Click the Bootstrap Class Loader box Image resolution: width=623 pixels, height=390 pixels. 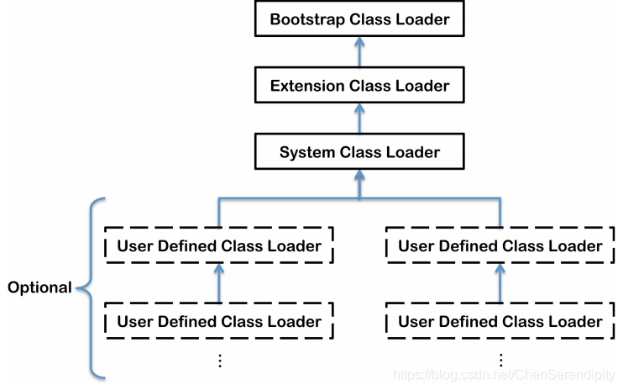[x=359, y=18]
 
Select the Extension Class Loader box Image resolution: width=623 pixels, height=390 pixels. [x=359, y=85]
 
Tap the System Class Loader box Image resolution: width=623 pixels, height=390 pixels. [x=359, y=151]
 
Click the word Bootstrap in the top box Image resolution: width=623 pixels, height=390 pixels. [x=307, y=19]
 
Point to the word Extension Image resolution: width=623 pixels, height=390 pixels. [x=307, y=86]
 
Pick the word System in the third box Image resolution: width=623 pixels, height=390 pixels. [x=307, y=153]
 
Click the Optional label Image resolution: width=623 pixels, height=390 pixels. [x=39, y=287]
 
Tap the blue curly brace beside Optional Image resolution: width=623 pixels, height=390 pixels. [x=91, y=287]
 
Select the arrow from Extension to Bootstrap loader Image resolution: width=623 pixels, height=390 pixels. [x=359, y=52]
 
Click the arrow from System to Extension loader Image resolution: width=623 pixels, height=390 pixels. [x=359, y=119]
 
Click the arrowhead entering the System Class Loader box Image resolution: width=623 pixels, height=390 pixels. [x=359, y=176]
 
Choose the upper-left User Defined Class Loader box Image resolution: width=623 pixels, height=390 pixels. [x=219, y=245]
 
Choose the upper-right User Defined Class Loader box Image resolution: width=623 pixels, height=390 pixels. [x=500, y=245]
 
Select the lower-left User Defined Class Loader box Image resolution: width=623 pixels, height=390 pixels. [x=219, y=321]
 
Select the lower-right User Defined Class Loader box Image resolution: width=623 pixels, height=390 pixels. [x=500, y=321]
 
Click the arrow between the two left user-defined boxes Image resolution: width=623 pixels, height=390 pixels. [x=219, y=283]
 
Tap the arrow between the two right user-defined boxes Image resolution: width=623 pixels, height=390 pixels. [x=500, y=283]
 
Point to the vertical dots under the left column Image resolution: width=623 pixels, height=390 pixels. [x=220, y=361]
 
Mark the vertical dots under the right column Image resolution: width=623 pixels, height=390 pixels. [x=501, y=360]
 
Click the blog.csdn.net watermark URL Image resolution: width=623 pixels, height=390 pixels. [x=504, y=375]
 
